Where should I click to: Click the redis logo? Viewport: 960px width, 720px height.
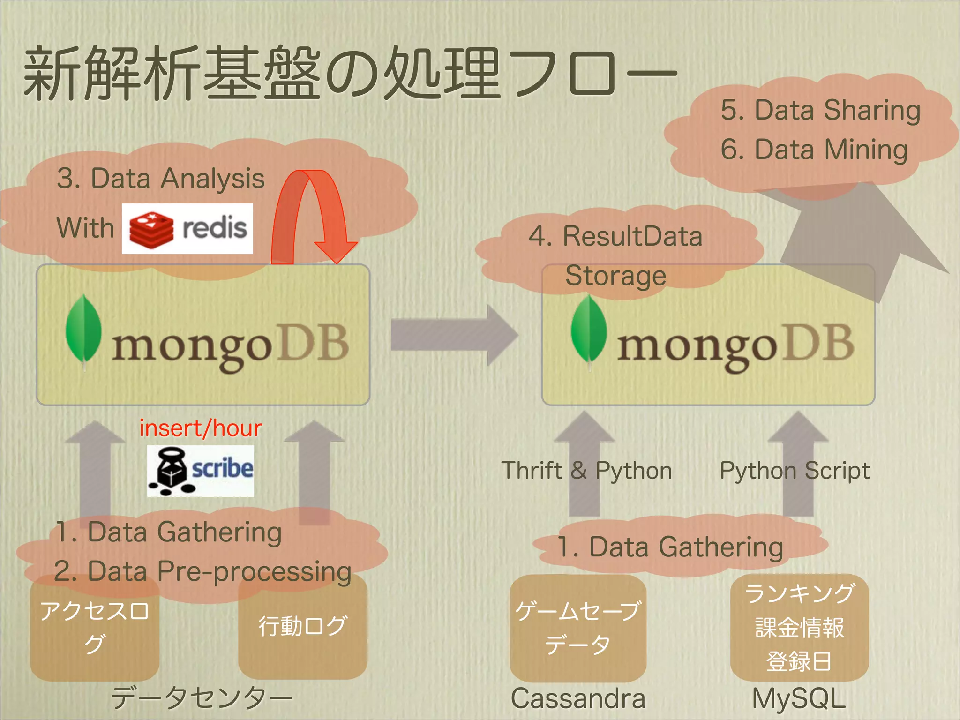pyautogui.click(x=187, y=229)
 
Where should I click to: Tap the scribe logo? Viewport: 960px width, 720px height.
pyautogui.click(x=201, y=471)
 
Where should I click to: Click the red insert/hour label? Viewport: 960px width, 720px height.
pyautogui.click(x=201, y=428)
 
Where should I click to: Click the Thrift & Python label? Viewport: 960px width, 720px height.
pyautogui.click(x=586, y=470)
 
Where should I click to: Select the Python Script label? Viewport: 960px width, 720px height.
pyautogui.click(x=795, y=470)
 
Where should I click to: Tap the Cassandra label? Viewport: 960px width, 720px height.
pyautogui.click(x=578, y=698)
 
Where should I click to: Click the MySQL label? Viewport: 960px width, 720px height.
pyautogui.click(x=799, y=698)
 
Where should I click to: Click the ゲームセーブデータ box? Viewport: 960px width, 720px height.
pyautogui.click(x=578, y=628)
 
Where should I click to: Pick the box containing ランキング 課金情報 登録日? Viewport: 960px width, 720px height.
pyautogui.click(x=799, y=627)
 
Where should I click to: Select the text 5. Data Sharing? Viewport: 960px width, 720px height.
pyautogui.click(x=820, y=110)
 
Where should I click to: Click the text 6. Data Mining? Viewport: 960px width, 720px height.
pyautogui.click(x=814, y=150)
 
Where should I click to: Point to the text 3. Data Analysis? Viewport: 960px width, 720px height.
pyautogui.click(x=161, y=179)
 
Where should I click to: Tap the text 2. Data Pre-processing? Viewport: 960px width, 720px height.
pyautogui.click(x=202, y=571)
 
